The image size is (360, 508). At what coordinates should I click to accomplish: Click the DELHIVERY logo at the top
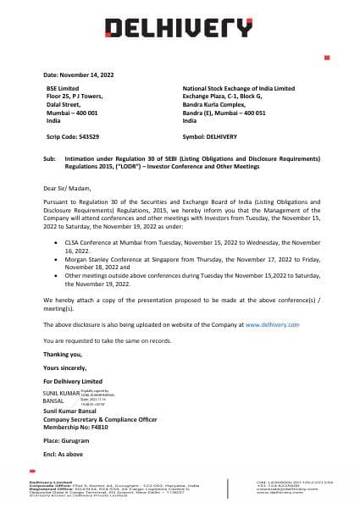[179, 27]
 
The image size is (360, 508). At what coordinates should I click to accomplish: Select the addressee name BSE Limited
[64, 89]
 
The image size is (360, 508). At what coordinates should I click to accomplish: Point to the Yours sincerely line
[64, 368]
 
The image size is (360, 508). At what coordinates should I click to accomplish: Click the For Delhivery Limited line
[72, 383]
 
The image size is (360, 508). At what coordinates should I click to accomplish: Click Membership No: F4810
[72, 430]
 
